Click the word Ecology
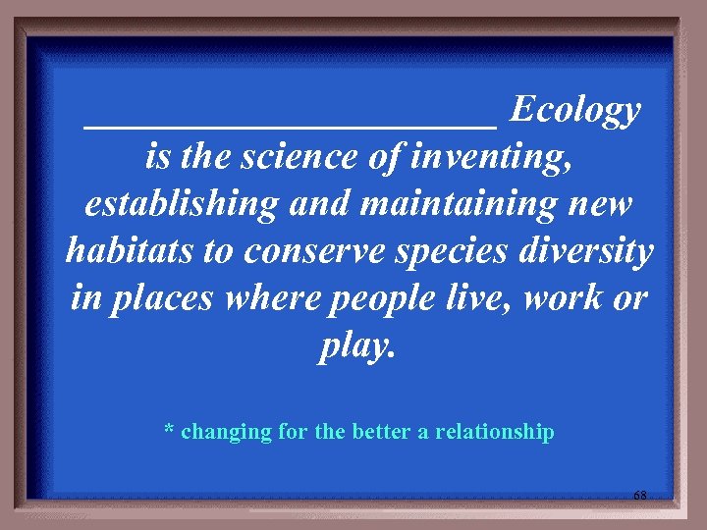[x=575, y=112]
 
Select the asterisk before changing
[x=169, y=430]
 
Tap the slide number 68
[x=639, y=497]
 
